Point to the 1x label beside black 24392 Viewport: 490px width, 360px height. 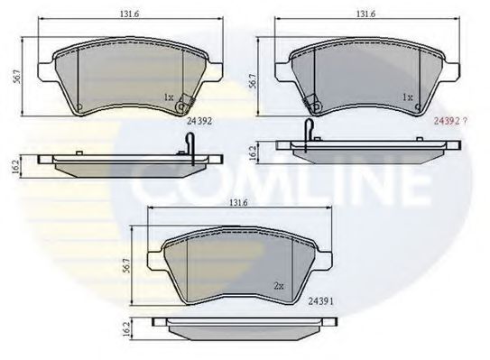click(x=169, y=97)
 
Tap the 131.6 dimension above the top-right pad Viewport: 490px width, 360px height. click(x=365, y=14)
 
